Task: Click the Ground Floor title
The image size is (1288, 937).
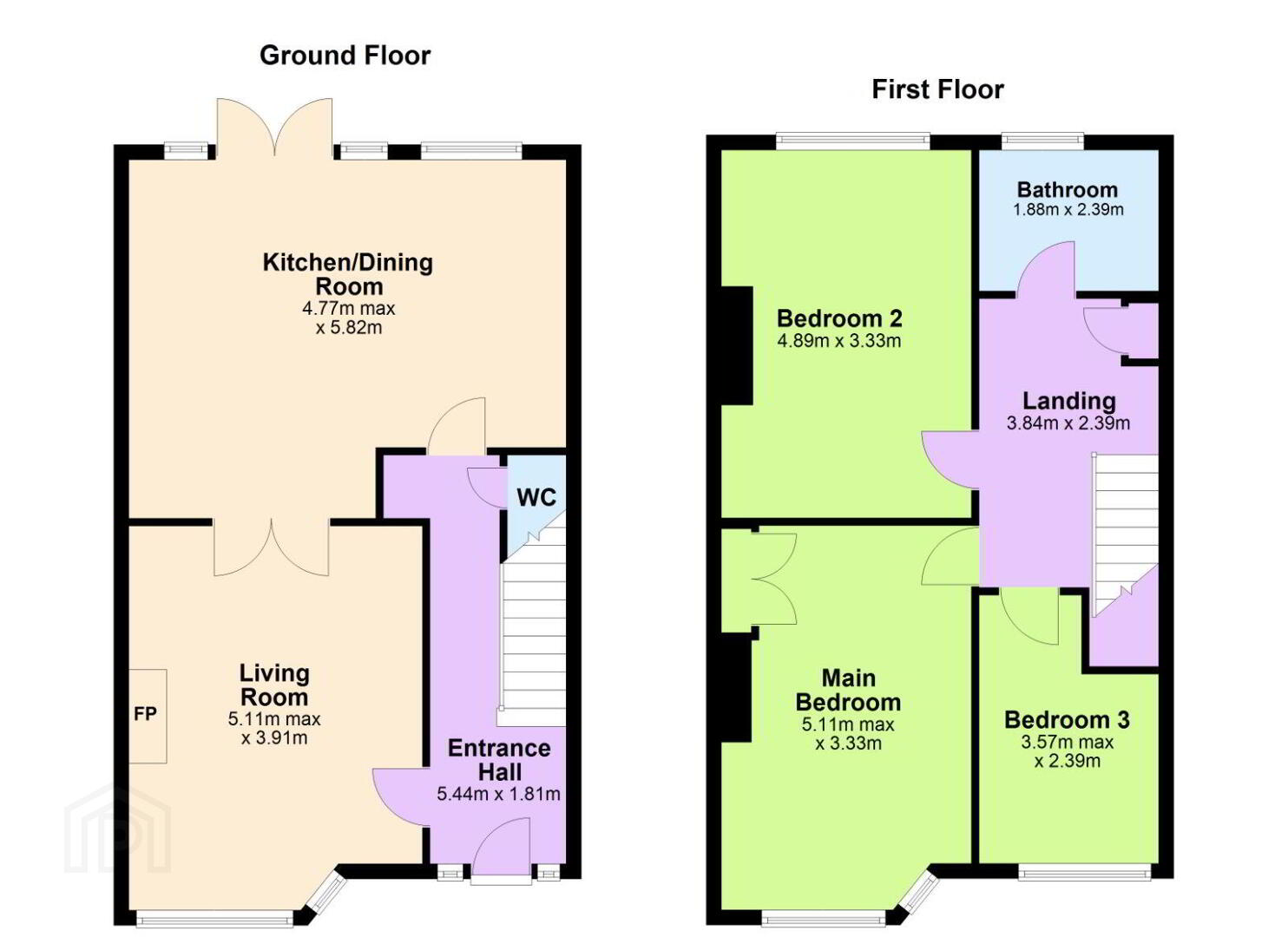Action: point(345,56)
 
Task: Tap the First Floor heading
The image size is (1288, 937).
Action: point(937,89)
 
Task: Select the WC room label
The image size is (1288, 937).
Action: point(536,497)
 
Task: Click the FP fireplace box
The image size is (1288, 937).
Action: point(148,716)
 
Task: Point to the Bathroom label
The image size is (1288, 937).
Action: point(1068,190)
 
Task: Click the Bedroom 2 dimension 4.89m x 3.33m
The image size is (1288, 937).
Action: point(839,341)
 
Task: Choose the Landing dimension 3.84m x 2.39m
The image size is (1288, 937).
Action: point(1068,423)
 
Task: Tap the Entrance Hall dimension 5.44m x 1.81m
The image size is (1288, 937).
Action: point(498,794)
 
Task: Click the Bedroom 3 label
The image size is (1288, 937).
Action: point(1068,720)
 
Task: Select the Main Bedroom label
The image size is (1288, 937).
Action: point(848,691)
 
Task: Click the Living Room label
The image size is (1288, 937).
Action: point(274,685)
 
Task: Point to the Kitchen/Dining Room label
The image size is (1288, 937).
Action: point(348,274)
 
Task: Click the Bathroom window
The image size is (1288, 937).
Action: point(1043,141)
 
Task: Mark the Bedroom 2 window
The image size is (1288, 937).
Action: point(853,141)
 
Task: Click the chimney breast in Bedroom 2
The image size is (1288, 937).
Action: point(737,345)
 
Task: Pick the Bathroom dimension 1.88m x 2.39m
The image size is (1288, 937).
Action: point(1068,210)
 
